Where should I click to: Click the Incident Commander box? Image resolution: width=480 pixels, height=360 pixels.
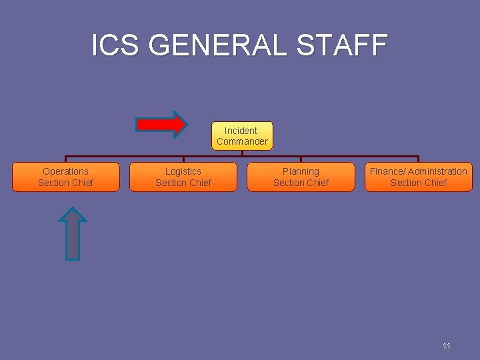(241, 136)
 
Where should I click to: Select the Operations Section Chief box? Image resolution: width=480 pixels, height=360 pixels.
(66, 177)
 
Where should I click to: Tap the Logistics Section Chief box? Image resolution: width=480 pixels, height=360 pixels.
(183, 177)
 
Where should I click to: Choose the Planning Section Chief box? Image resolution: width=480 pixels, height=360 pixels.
(301, 177)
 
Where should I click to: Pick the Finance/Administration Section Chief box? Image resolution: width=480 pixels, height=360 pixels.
(418, 177)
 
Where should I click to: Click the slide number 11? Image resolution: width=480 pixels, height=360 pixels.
(446, 345)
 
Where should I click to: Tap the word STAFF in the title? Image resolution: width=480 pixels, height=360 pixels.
(342, 45)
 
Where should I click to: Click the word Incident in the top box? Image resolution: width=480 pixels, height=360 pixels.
(241, 131)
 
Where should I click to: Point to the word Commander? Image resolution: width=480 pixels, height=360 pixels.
(242, 141)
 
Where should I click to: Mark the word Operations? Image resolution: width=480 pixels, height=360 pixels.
(65, 171)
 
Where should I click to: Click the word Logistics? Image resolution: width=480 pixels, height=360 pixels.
(183, 171)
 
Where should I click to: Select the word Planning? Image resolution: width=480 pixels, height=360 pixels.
(301, 171)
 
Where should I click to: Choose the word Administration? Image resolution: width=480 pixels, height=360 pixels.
(439, 171)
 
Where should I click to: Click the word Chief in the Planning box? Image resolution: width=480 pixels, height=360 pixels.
(317, 183)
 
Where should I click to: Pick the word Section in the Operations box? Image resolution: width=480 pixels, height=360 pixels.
(53, 183)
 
